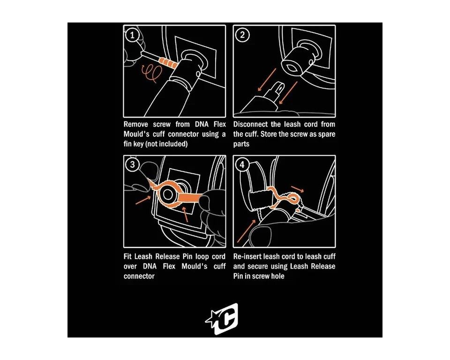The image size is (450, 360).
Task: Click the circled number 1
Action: pos(132,35)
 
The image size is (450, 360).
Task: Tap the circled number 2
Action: pos(242,35)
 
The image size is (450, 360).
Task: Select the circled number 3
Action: pos(132,165)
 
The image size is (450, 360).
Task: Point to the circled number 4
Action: pos(242,165)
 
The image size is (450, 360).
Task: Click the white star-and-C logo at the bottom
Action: pos(222,319)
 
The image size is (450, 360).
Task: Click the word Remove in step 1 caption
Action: pos(136,124)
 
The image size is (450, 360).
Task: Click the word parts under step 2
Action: pos(241,144)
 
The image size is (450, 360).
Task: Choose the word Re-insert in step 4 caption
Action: pos(247,256)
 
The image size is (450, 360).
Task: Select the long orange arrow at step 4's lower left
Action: pos(247,231)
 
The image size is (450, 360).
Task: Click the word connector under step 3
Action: pos(139,276)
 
